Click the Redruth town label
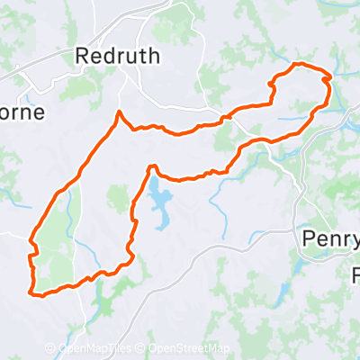pos(118,56)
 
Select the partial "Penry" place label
pos(328,238)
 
